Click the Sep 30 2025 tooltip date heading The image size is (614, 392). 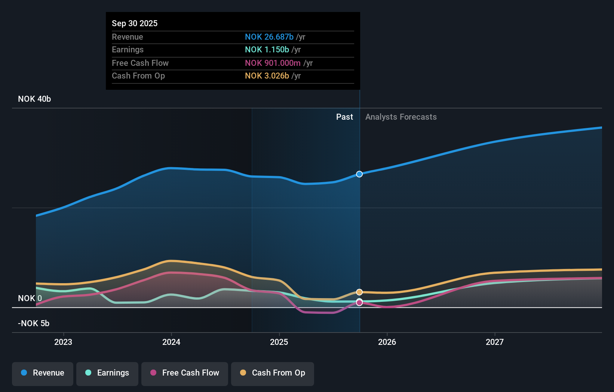135,23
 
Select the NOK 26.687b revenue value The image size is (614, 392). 269,37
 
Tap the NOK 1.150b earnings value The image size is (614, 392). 267,49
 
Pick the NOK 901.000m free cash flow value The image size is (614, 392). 273,63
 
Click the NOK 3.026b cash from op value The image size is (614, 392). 267,76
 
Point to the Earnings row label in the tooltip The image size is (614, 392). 128,49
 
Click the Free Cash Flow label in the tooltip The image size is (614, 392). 140,63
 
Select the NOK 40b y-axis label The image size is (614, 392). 34,99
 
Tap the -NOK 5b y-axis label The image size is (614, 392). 34,323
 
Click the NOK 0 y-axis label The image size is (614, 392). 30,298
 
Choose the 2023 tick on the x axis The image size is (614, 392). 63,342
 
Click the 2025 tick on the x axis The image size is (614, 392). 279,342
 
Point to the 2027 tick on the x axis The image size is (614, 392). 494,342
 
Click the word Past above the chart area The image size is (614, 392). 344,117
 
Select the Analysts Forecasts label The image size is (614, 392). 401,117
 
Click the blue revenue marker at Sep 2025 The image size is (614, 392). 359,174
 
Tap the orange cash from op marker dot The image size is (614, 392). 359,292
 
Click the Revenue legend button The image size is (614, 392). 43,373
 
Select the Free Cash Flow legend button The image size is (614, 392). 185,373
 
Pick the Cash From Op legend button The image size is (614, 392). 273,373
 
